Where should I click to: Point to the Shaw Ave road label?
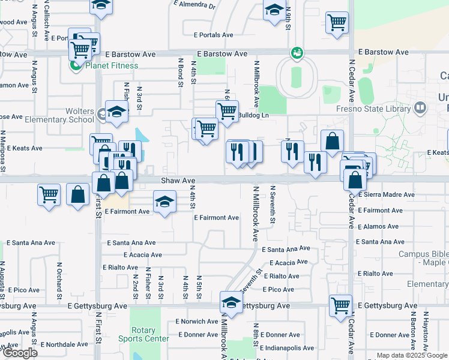click(178, 180)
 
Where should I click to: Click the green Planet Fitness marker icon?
click(76, 66)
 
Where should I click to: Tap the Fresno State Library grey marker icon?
click(420, 108)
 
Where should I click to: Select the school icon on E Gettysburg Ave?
click(231, 302)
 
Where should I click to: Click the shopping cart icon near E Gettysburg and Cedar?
click(340, 305)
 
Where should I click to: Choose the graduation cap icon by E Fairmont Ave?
click(164, 202)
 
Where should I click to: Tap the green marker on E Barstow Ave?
click(296, 53)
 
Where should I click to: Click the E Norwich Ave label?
click(197, 321)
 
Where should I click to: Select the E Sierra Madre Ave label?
click(386, 194)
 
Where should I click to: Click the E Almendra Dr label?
click(194, 4)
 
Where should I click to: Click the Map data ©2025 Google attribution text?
click(412, 356)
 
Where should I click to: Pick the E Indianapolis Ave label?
click(288, 347)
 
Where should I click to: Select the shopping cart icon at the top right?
click(337, 23)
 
